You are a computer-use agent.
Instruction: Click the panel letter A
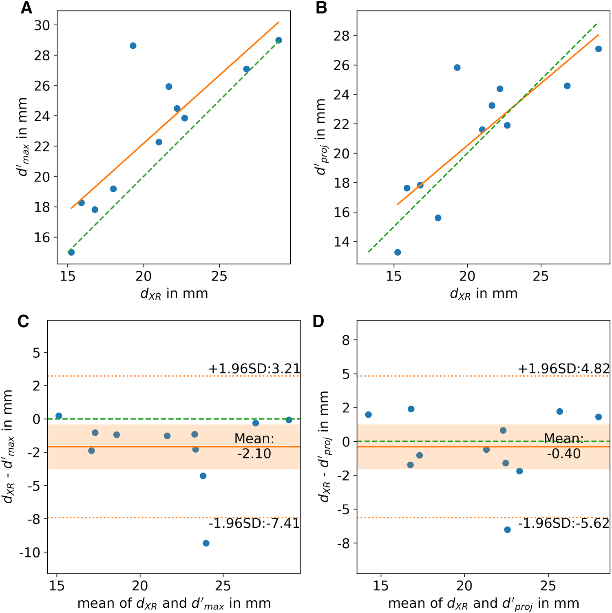click(26, 8)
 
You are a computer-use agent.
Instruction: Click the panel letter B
click(321, 8)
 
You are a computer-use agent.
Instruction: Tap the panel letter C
click(24, 322)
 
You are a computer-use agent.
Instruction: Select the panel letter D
click(318, 322)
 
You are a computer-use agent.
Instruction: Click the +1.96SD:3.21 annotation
click(254, 369)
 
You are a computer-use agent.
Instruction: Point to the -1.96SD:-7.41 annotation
click(254, 523)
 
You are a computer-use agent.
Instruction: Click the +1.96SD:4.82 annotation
click(564, 369)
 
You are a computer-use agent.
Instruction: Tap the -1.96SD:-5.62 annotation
click(564, 523)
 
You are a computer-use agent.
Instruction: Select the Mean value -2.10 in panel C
click(254, 454)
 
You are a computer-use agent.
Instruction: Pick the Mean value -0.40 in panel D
click(564, 454)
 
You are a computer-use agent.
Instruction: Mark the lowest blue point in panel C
click(206, 543)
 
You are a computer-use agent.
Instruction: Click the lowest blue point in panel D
click(507, 530)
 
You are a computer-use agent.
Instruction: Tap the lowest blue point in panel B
click(398, 252)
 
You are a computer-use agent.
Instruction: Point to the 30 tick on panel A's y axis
click(42, 25)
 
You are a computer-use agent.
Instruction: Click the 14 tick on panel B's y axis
click(342, 242)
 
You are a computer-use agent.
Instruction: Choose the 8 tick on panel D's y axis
click(346, 340)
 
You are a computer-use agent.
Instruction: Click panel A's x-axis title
click(174, 294)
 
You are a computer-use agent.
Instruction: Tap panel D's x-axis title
click(484, 604)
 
